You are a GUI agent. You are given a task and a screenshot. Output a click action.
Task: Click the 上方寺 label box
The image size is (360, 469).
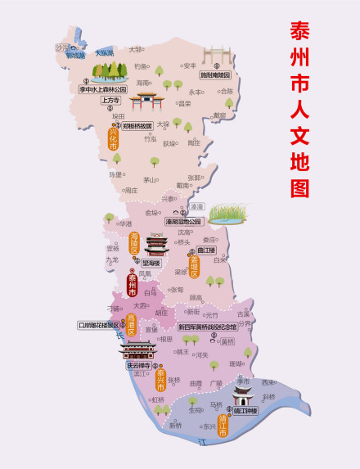pos(110,101)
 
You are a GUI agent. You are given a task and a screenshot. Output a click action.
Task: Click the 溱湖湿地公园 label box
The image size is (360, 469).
pos(183,221)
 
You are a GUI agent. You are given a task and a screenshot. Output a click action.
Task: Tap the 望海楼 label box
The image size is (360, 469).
pos(151,263)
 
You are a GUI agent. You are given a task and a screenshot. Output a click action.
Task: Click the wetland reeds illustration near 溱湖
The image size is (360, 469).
pos(227,214)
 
